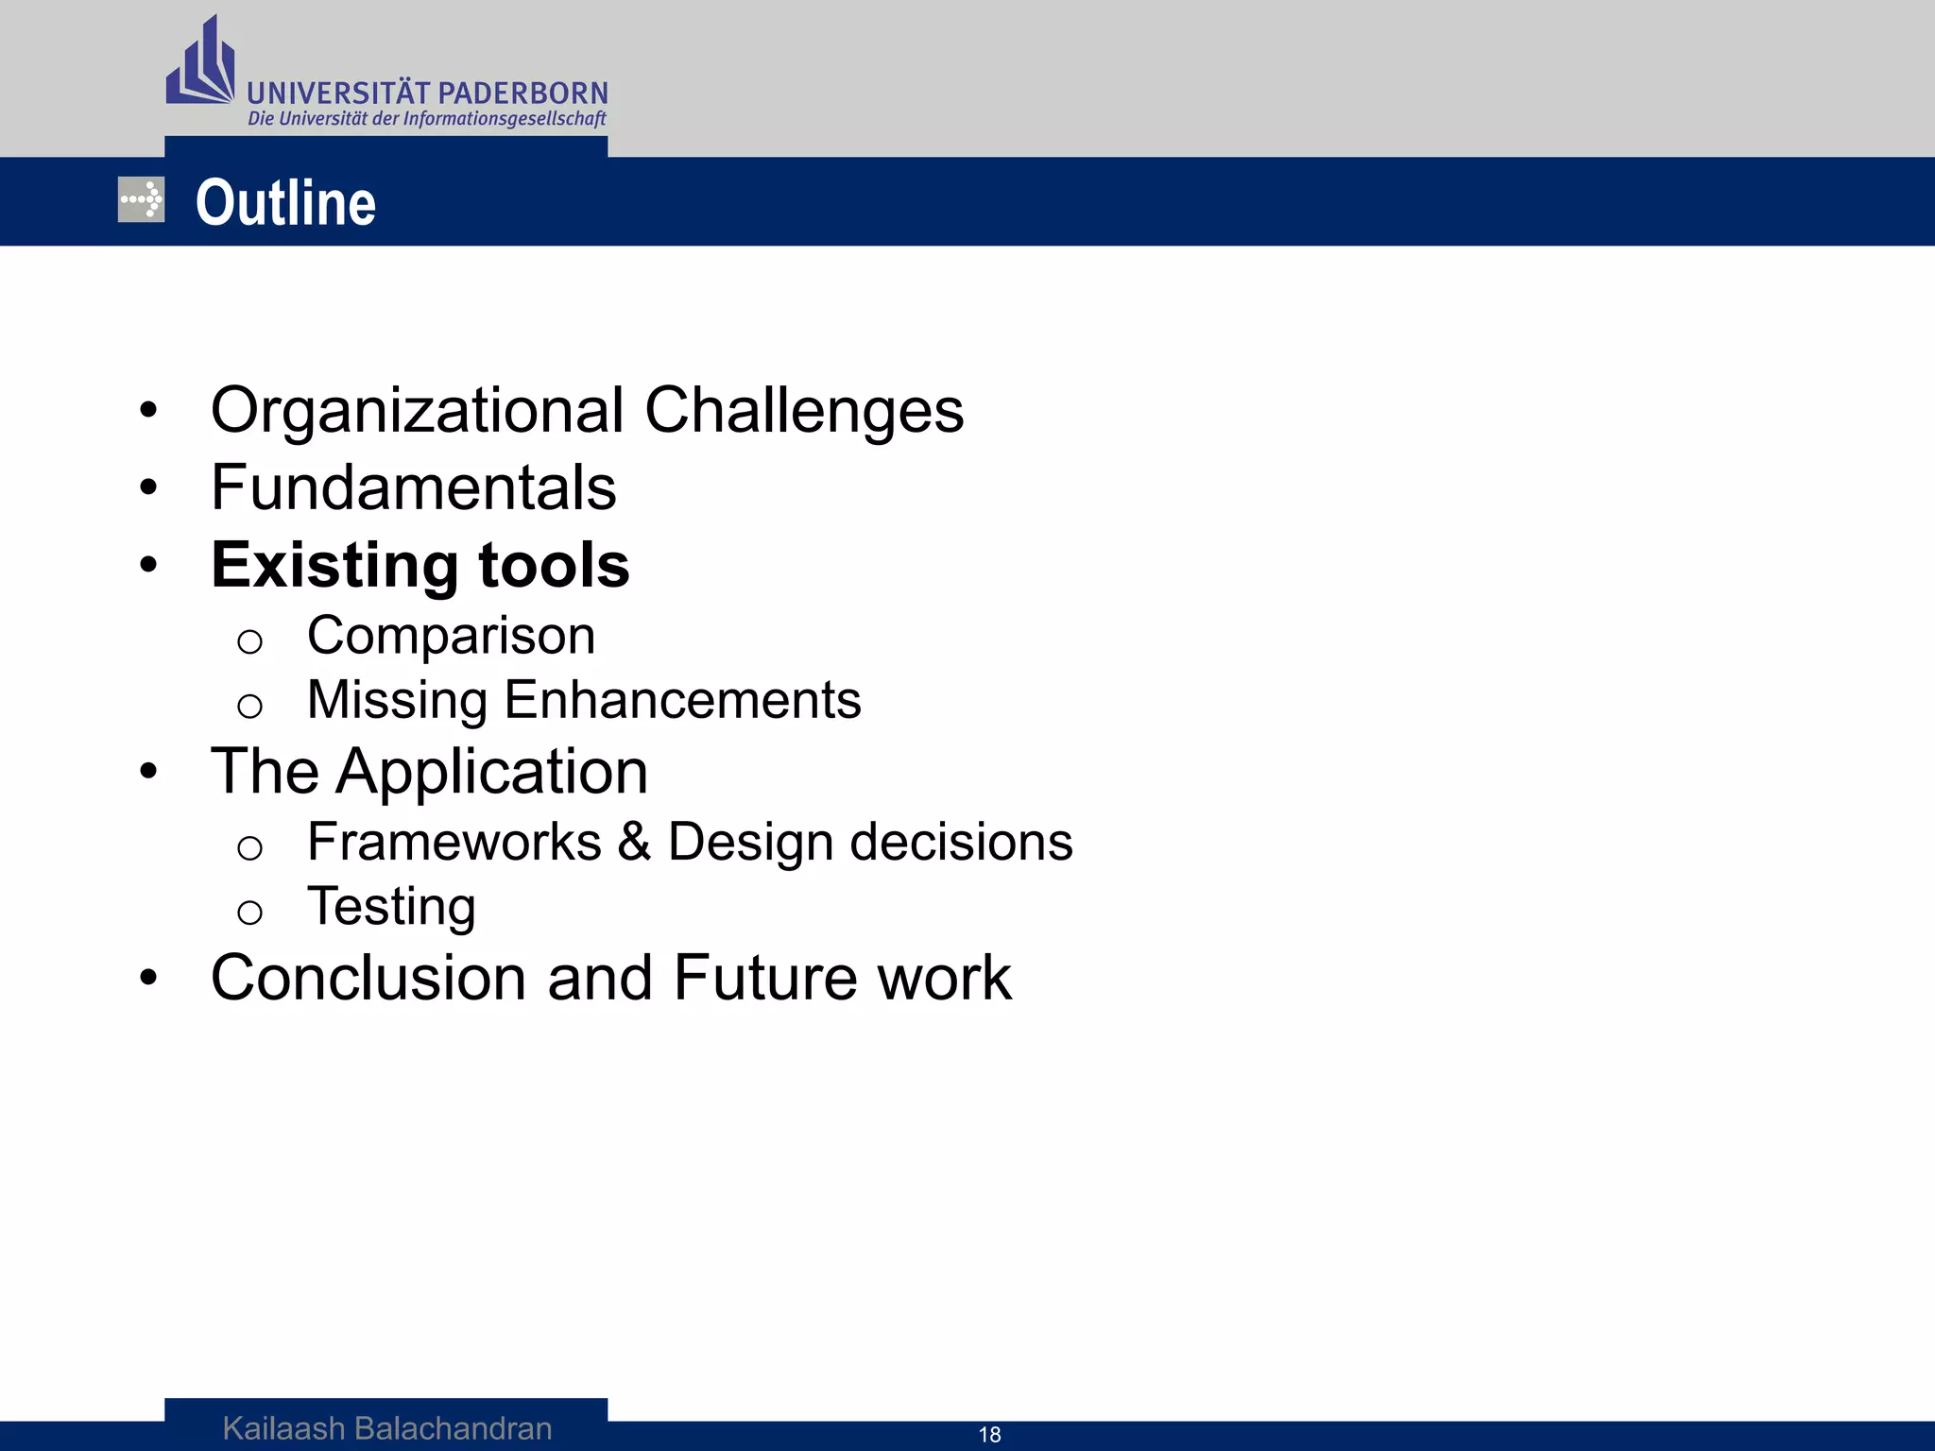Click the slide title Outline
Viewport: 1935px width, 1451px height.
(285, 203)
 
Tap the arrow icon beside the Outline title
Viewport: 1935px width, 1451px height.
(141, 200)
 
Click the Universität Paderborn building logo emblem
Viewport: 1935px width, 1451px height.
(200, 63)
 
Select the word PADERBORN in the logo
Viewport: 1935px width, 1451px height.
(523, 94)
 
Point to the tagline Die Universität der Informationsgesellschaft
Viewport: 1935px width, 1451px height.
(427, 119)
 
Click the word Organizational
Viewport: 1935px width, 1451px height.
(418, 411)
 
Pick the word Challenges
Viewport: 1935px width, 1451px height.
(804, 411)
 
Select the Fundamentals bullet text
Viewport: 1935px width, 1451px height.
(414, 488)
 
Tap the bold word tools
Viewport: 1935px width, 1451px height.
(554, 566)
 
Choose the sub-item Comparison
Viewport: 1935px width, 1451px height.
(452, 636)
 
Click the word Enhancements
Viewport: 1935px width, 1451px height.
(682, 700)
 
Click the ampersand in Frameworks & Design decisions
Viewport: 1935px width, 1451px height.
(634, 842)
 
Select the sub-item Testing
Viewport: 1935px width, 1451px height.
(391, 907)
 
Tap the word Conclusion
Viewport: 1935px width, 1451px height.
(368, 978)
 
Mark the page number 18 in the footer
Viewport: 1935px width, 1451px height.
(989, 1435)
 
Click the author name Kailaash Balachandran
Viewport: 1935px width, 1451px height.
(387, 1428)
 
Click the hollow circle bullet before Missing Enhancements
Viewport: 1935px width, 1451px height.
(249, 706)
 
